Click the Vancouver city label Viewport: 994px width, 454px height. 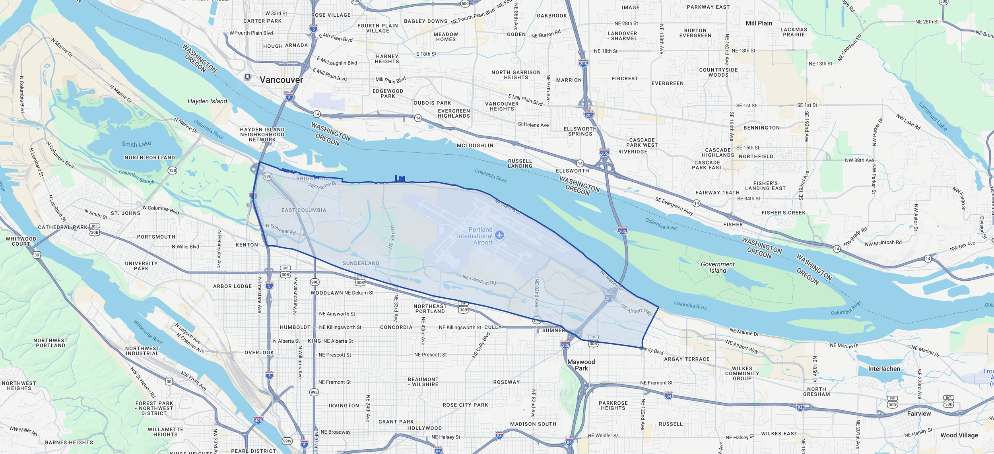point(281,80)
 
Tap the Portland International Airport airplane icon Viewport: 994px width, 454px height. point(500,235)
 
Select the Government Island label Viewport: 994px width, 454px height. point(718,267)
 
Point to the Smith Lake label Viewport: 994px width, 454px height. point(136,144)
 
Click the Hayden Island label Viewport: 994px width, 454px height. point(207,101)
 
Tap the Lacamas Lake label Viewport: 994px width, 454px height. point(933,116)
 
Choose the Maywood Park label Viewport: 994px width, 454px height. point(581,365)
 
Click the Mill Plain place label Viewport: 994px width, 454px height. point(759,23)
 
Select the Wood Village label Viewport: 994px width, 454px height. point(959,435)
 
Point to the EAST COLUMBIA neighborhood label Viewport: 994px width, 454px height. point(304,210)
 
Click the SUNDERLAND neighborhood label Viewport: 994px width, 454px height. point(361,263)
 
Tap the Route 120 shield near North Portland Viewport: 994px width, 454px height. point(172,171)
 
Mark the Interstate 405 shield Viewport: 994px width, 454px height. point(258,420)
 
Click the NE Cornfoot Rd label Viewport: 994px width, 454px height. point(479,280)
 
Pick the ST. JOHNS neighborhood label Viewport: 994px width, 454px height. point(126,213)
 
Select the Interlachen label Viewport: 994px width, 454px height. point(884,369)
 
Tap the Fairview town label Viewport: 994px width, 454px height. point(919,413)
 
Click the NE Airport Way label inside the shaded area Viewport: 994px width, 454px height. point(636,310)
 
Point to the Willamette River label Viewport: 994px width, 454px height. point(148,332)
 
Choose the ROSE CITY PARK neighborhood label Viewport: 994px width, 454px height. point(465,405)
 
